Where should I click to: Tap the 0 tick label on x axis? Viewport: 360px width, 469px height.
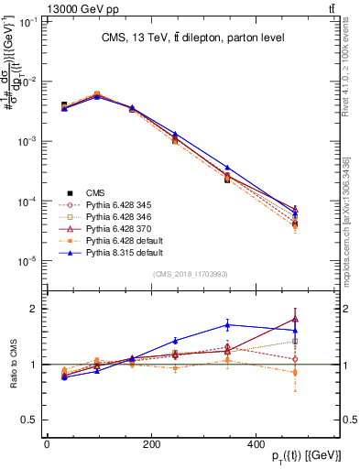pyautogui.click(x=46, y=442)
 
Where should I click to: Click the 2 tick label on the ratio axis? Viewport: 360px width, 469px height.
pyautogui.click(x=36, y=309)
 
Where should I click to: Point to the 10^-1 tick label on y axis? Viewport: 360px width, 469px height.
pyautogui.click(x=28, y=22)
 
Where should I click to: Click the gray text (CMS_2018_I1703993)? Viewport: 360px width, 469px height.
pyautogui.click(x=191, y=274)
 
